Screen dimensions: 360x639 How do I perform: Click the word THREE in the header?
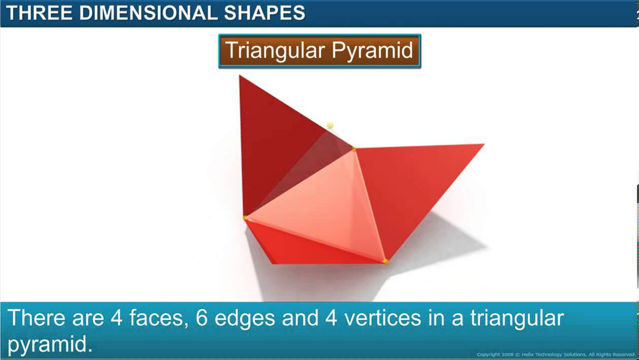tap(39, 13)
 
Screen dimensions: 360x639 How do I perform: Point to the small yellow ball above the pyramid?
tap(330, 125)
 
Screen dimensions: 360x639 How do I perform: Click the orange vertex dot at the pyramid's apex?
tap(354, 149)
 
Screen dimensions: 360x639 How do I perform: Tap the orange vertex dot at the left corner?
tap(246, 218)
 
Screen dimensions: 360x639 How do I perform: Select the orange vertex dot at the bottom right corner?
tap(385, 262)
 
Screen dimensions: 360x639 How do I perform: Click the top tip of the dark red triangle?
tap(240, 77)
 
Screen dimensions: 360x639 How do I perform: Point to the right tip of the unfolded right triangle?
tap(482, 145)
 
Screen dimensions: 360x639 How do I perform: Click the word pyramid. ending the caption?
tap(50, 344)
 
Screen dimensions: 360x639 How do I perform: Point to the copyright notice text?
tap(556, 354)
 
